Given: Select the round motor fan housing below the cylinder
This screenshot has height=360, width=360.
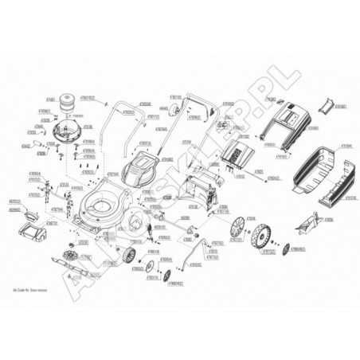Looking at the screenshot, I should click(67, 128).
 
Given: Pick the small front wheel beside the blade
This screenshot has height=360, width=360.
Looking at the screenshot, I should click(127, 255).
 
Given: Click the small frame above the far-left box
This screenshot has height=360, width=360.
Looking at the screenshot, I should click(32, 213).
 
